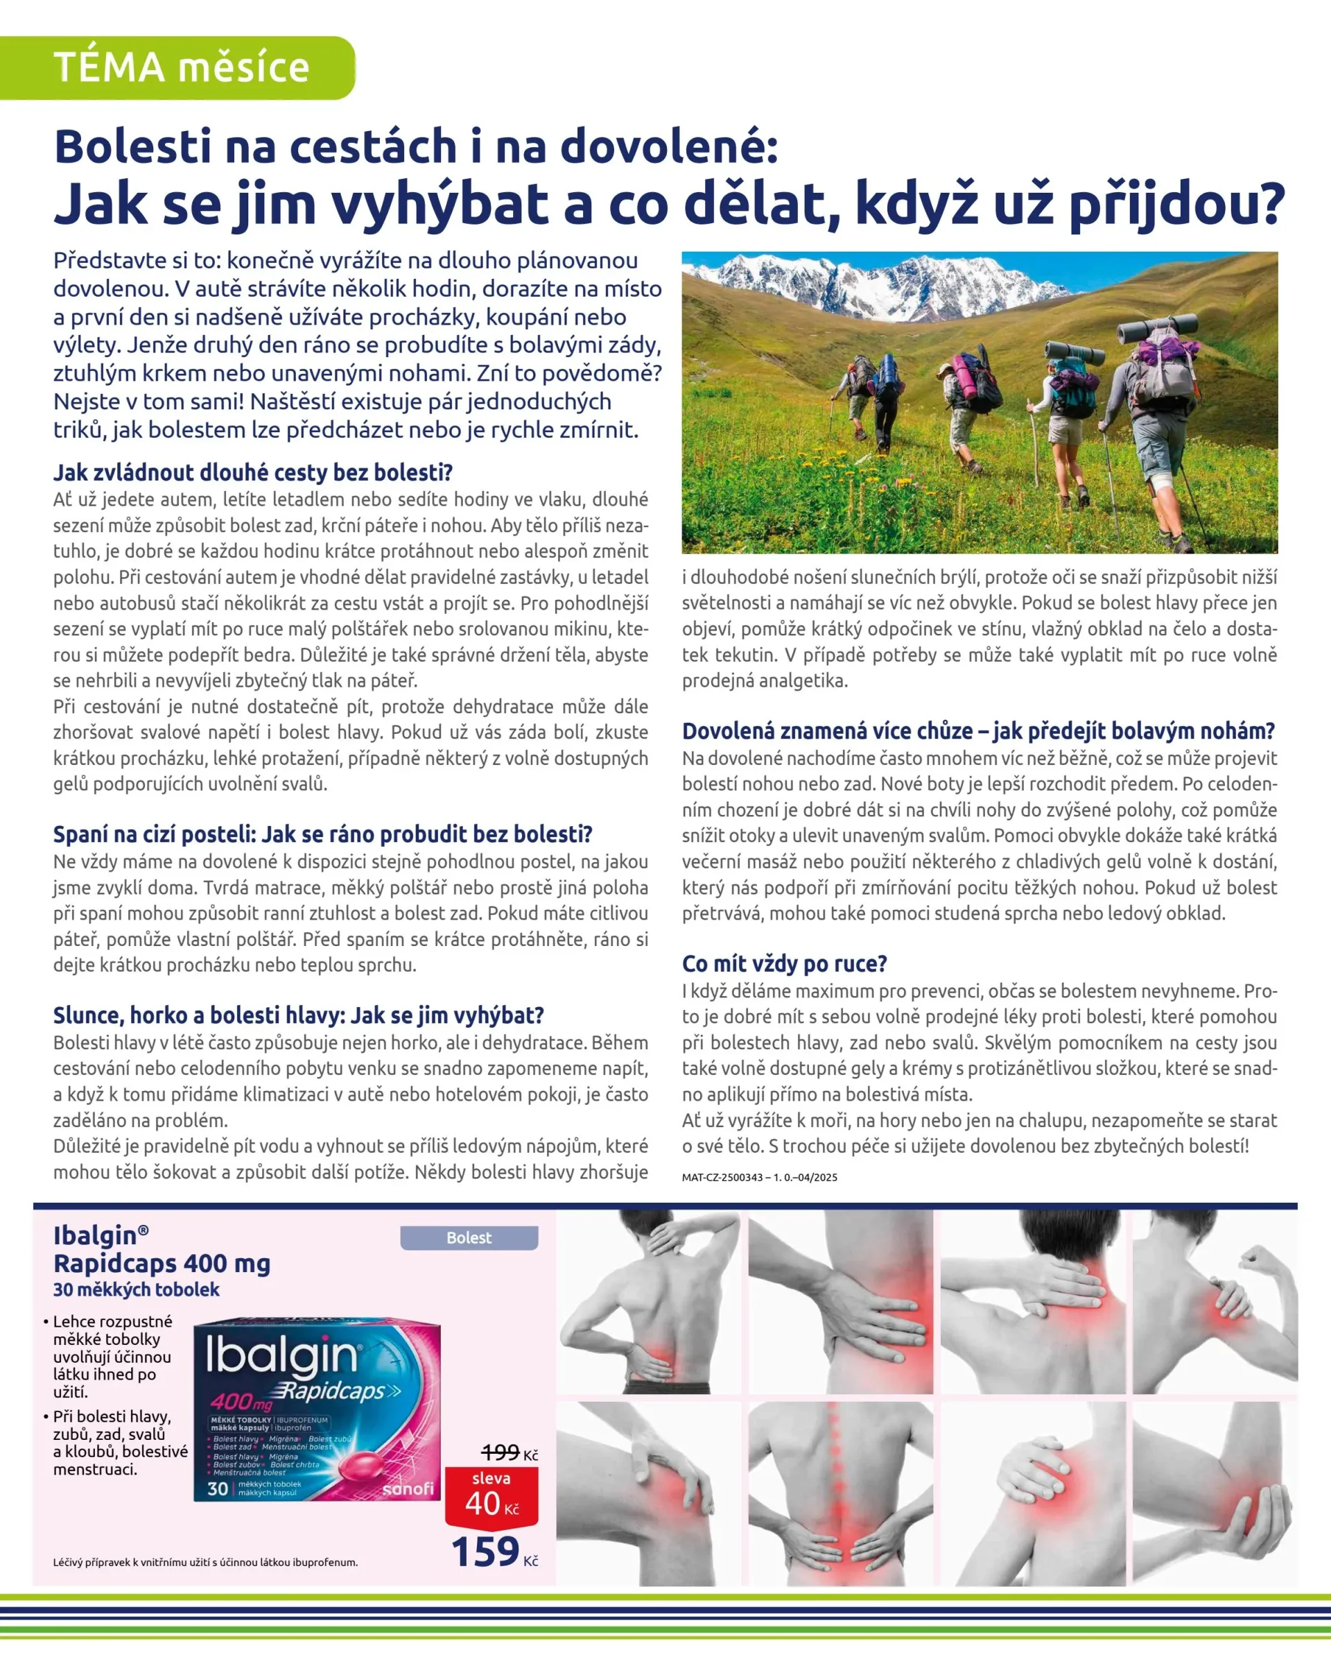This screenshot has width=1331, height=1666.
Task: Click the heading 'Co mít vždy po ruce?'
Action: point(784,963)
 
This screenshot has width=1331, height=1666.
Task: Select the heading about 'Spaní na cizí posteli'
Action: point(322,834)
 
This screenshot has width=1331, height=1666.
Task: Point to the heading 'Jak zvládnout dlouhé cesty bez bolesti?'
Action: point(252,472)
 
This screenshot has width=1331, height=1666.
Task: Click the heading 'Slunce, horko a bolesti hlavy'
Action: point(298,1015)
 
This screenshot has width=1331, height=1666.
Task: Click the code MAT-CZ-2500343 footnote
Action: point(758,1178)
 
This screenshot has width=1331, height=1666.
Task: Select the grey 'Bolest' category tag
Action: point(468,1238)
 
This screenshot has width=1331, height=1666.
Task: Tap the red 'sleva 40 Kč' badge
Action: point(491,1495)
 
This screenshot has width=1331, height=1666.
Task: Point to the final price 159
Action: point(486,1552)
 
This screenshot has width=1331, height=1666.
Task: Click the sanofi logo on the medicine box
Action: point(408,1488)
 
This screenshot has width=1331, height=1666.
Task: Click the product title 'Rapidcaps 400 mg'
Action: point(162,1264)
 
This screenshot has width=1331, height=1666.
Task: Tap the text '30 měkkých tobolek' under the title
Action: point(136,1289)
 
